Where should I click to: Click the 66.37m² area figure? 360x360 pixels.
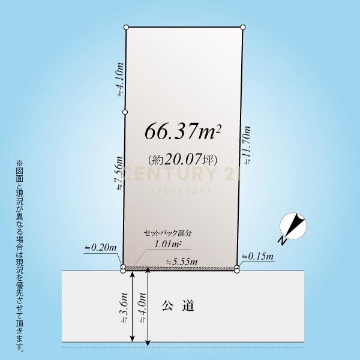[183, 131]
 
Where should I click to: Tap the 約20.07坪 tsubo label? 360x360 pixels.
[183, 159]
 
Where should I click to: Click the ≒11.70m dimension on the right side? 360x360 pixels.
[247, 145]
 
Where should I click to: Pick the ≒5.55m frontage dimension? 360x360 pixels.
[182, 262]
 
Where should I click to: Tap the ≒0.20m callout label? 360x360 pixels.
[101, 248]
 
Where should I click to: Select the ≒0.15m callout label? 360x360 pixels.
[258, 256]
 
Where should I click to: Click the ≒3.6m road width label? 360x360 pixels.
[124, 308]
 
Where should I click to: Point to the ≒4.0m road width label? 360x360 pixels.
[143, 308]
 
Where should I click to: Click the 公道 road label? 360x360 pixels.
[178, 305]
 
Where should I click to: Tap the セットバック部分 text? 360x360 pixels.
[167, 233]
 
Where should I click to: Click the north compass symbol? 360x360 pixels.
[293, 226]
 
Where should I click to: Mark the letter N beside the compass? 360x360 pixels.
[283, 241]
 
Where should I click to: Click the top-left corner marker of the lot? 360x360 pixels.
[126, 28]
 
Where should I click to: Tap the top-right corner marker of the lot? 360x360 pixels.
[243, 28]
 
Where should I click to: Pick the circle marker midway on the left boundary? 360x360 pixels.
[125, 112]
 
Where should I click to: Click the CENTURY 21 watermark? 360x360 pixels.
[179, 173]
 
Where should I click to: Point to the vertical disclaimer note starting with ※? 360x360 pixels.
[20, 256]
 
